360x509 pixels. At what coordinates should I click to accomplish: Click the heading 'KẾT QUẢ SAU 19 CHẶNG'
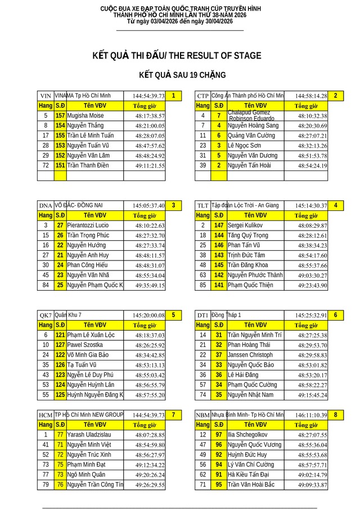182,75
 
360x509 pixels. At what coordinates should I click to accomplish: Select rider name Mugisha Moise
85,115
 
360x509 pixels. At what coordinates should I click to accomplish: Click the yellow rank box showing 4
335,205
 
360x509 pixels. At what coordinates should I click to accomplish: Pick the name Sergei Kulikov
246,225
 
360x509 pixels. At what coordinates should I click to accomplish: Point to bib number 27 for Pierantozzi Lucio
60,225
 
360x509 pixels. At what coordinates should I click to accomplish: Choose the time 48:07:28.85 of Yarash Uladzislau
150,435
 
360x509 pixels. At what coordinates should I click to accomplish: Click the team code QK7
46,315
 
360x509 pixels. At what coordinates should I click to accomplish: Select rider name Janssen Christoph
250,355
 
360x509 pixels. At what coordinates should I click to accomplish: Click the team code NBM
202,415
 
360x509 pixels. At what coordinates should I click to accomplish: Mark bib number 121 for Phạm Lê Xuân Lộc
60,335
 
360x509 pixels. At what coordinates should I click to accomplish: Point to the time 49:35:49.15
150,285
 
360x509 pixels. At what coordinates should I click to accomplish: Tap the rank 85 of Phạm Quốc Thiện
202,285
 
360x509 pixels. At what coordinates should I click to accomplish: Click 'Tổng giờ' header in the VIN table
145,106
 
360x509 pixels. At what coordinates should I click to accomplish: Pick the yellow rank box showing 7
174,415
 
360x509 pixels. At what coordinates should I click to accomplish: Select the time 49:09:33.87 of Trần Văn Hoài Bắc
312,485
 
